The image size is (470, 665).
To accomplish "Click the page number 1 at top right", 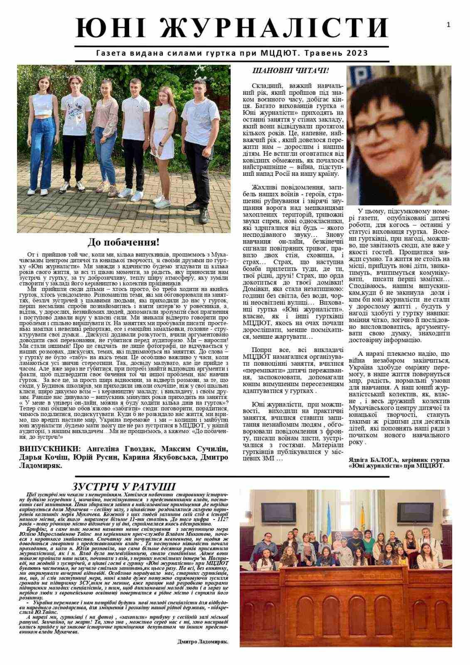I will click(448, 25).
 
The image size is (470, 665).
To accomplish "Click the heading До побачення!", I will click(123, 242).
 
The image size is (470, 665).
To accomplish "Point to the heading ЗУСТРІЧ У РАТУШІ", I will click(123, 487).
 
